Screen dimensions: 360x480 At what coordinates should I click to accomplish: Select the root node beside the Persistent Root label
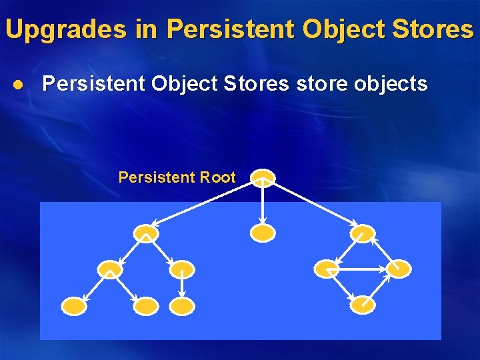pos(263,177)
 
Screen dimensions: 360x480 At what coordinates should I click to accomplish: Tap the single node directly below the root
pos(263,233)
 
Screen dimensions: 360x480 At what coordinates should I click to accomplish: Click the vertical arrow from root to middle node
pos(263,203)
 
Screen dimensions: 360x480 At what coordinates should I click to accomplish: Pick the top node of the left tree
pos(146,233)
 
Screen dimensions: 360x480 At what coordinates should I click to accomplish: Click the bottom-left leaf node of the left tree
pos(73,306)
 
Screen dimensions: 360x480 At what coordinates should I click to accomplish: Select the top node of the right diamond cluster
pos(363,233)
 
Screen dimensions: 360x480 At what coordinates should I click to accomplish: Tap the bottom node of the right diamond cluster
pos(363,305)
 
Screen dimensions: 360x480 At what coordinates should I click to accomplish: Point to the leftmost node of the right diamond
pos(327,269)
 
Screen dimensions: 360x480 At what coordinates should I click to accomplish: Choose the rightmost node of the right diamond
pos(399,269)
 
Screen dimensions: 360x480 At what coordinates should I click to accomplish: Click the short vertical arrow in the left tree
pos(182,287)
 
